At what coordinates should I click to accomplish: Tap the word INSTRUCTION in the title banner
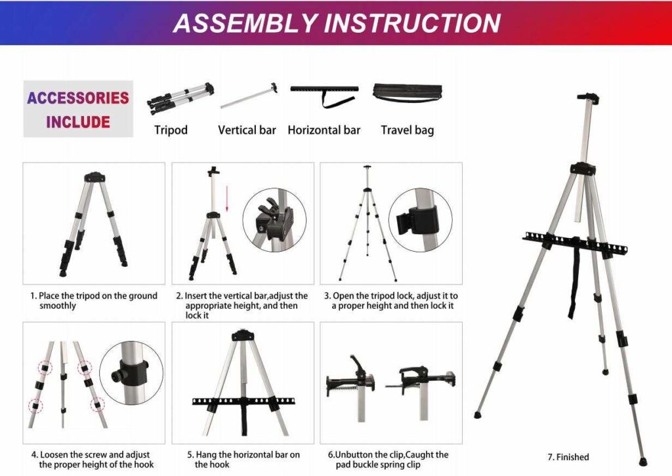click(x=410, y=23)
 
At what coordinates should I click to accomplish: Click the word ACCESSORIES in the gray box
click(x=77, y=98)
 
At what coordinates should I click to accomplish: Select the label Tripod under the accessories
click(x=171, y=130)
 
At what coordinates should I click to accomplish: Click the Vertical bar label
click(x=247, y=130)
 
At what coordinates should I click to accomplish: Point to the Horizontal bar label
click(x=324, y=130)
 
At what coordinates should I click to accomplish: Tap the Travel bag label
click(x=407, y=130)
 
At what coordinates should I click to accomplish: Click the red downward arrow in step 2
click(x=227, y=199)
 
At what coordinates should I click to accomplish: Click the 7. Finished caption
click(x=568, y=457)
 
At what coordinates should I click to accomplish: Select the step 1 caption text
click(x=94, y=300)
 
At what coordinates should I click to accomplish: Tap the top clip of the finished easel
click(x=588, y=99)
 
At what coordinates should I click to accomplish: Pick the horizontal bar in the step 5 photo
click(x=243, y=401)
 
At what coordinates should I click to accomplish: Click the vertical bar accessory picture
click(x=248, y=96)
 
